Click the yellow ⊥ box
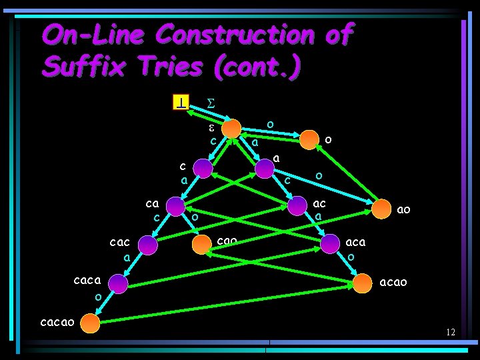click(181, 103)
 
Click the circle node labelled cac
click(148, 245)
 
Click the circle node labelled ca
click(175, 207)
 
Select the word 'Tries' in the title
click(164, 66)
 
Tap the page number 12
click(451, 332)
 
